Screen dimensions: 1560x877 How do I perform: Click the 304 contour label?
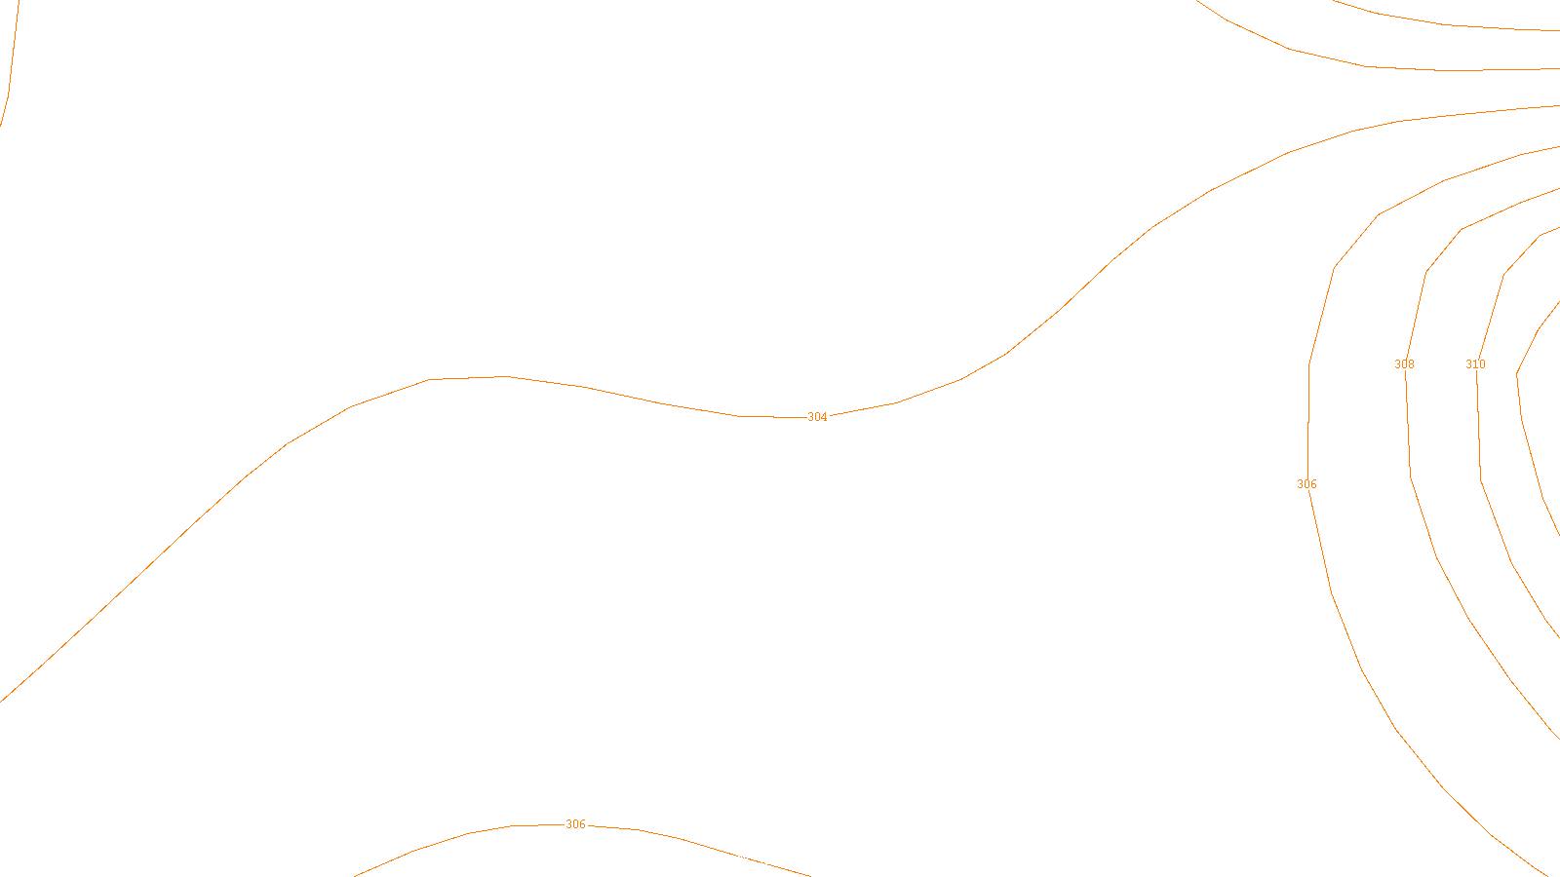[817, 417]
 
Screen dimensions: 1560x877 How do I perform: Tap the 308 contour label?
[1404, 364]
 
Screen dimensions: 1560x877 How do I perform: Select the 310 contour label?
[1475, 364]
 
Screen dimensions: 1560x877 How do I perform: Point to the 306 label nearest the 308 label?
[1306, 484]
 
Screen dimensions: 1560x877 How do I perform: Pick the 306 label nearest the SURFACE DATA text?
[576, 824]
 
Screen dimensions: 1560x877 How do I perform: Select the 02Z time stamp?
[739, 860]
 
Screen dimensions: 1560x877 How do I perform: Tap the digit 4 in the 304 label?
[824, 417]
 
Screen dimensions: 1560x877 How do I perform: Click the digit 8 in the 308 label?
[1411, 364]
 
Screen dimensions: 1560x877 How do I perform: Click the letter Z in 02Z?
[746, 860]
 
